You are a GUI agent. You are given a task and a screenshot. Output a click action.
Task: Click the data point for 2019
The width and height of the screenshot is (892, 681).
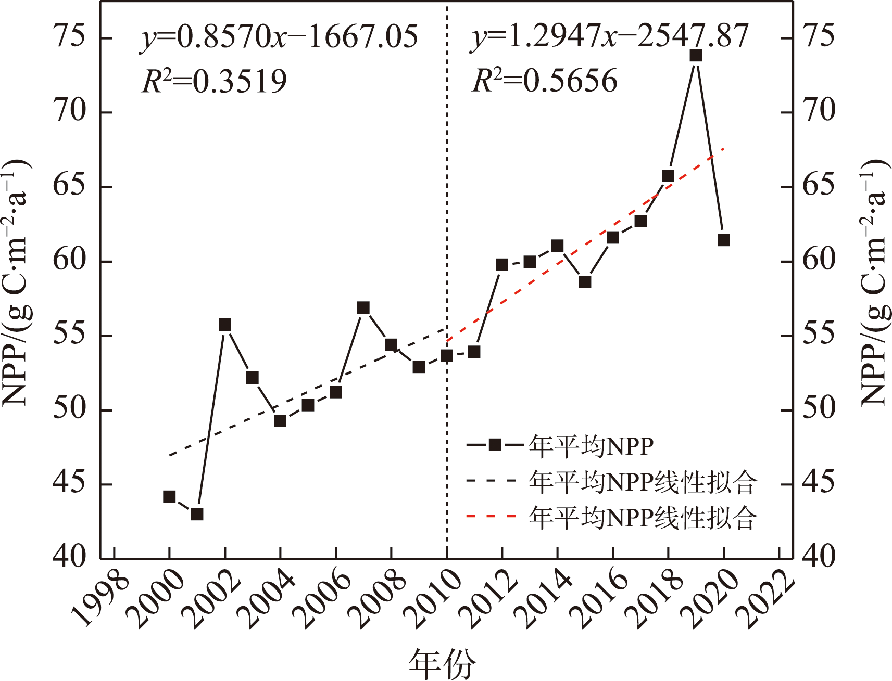pyautogui.click(x=696, y=55)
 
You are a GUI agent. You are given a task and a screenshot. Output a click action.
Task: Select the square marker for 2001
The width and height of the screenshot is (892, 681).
pyautogui.click(x=197, y=514)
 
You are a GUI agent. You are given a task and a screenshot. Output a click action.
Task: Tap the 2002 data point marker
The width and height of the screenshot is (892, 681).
pyautogui.click(x=224, y=325)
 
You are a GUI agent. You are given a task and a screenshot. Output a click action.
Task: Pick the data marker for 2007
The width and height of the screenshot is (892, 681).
pyautogui.click(x=363, y=308)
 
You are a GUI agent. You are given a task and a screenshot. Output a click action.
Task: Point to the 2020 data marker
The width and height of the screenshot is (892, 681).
pyautogui.click(x=723, y=240)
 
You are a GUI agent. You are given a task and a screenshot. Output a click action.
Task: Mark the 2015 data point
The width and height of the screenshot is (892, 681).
pyautogui.click(x=585, y=282)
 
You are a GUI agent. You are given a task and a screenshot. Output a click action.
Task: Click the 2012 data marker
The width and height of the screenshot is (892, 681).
pyautogui.click(x=501, y=265)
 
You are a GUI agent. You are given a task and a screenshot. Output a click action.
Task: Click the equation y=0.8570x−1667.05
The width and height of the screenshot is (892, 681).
pyautogui.click(x=279, y=37)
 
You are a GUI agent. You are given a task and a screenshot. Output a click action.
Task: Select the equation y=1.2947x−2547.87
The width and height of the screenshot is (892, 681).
pyautogui.click(x=610, y=37)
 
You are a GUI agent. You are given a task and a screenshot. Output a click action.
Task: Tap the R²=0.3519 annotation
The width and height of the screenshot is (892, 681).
pyautogui.click(x=214, y=82)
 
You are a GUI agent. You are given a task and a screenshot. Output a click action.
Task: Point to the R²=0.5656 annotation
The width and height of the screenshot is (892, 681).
pyautogui.click(x=544, y=82)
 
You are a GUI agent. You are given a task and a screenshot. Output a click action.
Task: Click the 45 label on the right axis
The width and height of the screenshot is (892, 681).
pyautogui.click(x=819, y=483)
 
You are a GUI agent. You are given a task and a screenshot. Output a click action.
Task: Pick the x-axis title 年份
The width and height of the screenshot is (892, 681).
pyautogui.click(x=442, y=664)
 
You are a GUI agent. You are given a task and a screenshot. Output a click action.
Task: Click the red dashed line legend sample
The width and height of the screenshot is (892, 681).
pyautogui.click(x=491, y=517)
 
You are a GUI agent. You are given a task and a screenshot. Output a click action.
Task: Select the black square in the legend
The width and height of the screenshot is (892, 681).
pyautogui.click(x=495, y=445)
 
